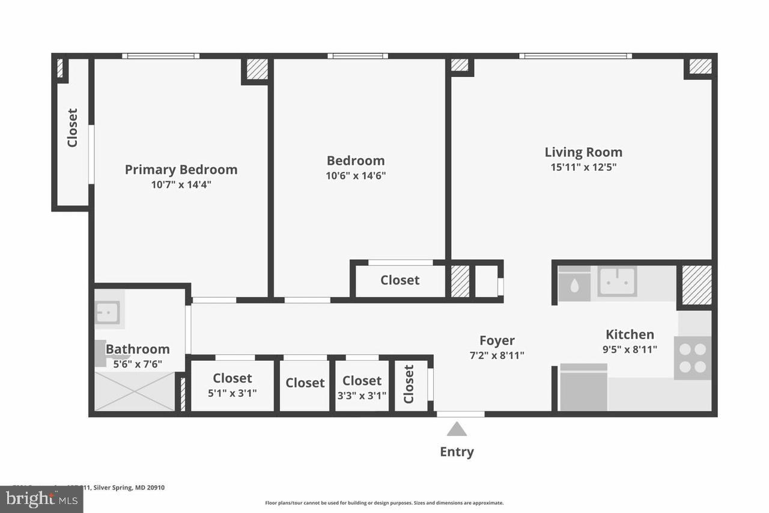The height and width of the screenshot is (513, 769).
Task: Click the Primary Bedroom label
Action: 181,170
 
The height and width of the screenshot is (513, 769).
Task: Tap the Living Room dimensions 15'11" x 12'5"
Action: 583,167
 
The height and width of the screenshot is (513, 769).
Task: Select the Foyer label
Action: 497,341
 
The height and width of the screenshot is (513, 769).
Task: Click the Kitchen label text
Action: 630,334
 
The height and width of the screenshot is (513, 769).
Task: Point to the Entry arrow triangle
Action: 457,429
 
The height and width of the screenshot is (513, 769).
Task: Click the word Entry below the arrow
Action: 457,452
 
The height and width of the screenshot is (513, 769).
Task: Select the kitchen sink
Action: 617,281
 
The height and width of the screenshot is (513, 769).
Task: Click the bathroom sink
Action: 108,313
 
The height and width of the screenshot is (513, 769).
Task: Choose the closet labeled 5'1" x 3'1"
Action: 233,385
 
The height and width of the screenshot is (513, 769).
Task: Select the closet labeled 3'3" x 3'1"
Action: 362,387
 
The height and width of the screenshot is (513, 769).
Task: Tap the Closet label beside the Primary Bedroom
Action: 72,127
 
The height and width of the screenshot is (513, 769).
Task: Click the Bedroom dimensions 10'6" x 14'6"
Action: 356,176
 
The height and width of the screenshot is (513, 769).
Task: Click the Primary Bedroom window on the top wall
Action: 160,56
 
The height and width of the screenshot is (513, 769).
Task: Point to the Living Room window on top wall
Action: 576,56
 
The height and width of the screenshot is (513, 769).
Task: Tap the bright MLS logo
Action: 41,499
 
